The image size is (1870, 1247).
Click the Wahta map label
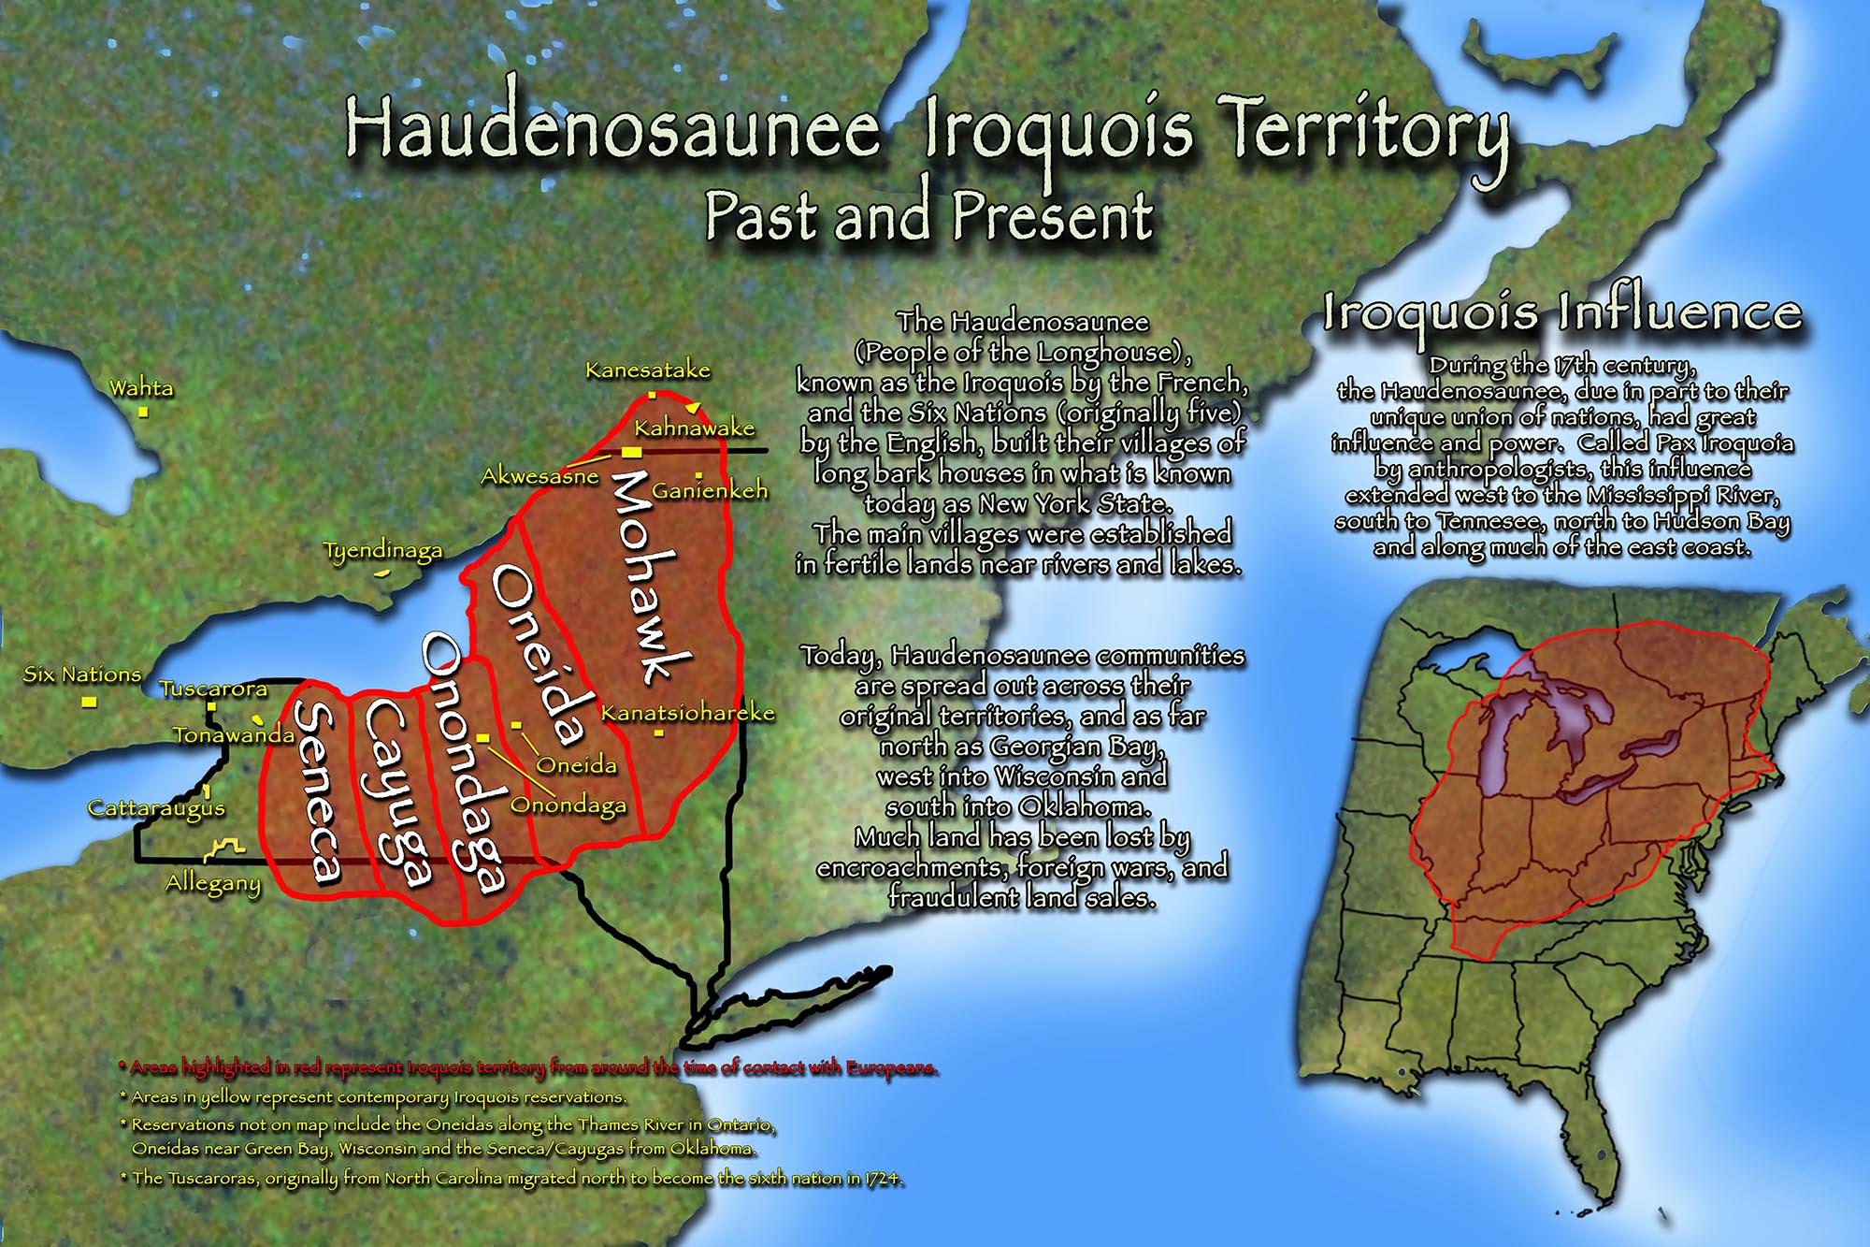click(x=141, y=387)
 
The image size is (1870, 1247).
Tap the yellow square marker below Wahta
click(x=143, y=412)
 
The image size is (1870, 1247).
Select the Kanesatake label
click(x=647, y=370)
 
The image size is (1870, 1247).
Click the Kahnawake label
click(x=694, y=428)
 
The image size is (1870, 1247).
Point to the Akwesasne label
click(x=539, y=476)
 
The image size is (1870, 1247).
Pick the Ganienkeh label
click(x=710, y=490)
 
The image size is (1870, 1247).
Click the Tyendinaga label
click(x=382, y=551)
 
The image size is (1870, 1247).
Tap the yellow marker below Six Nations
click(x=89, y=701)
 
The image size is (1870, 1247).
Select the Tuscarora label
click(x=213, y=689)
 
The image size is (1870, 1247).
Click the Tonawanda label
click(x=234, y=735)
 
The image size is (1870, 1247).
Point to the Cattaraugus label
click(x=156, y=808)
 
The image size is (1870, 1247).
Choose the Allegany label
click(x=213, y=883)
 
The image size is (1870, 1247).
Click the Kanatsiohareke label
click(x=687, y=713)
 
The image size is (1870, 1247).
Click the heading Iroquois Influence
click(x=1561, y=312)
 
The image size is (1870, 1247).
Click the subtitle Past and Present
click(x=928, y=215)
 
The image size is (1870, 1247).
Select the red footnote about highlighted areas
click(x=528, y=1067)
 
